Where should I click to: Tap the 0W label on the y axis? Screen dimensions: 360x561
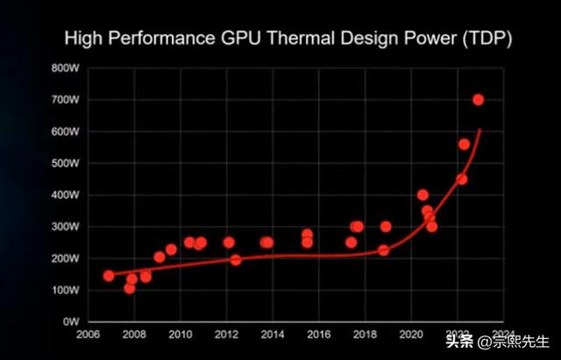(72, 321)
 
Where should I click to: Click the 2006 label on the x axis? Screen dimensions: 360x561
(88, 335)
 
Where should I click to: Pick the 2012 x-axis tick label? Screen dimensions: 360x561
(226, 335)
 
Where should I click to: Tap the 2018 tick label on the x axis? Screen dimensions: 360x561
(365, 335)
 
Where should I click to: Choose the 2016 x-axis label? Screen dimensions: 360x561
(318, 335)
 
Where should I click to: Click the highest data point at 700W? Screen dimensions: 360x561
(479, 100)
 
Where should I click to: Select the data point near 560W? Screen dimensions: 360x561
(464, 145)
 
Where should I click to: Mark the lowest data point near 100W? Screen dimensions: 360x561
(130, 288)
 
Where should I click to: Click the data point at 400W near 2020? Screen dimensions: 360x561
(423, 195)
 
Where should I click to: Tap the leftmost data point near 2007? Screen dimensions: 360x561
(109, 275)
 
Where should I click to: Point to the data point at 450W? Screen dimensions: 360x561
(461, 179)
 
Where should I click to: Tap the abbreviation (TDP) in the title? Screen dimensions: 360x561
(482, 39)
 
